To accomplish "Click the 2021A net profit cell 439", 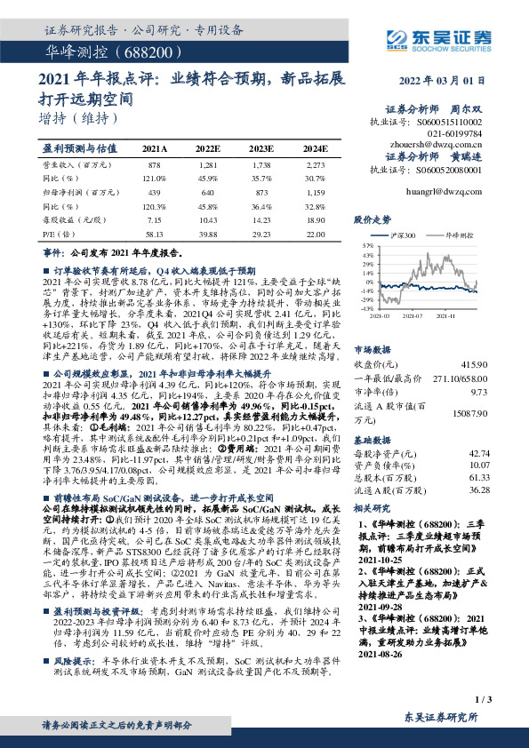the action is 153,192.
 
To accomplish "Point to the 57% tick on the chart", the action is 365,244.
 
